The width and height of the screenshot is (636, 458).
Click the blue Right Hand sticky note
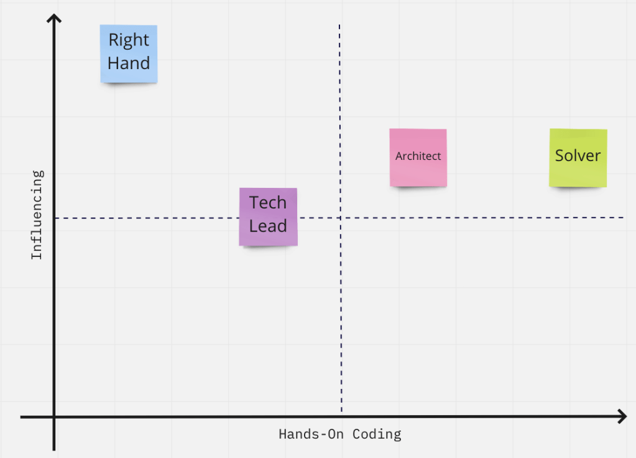[x=129, y=54]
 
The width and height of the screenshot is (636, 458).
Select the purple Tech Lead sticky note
[x=268, y=216]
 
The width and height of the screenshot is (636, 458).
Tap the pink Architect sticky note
[x=418, y=157]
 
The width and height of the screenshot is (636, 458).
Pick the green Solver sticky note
[x=578, y=157]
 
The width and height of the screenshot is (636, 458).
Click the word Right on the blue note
[x=129, y=40]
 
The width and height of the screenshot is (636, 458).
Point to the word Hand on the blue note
[x=129, y=63]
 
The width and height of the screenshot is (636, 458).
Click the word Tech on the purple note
[x=268, y=203]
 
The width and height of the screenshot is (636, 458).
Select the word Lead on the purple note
[x=268, y=226]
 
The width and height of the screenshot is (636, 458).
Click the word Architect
[x=418, y=156]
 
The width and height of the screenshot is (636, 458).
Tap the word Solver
[x=578, y=156]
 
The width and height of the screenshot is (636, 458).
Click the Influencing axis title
[x=37, y=214]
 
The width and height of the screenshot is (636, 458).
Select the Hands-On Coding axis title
[x=339, y=434]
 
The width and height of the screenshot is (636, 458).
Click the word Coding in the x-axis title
[x=377, y=434]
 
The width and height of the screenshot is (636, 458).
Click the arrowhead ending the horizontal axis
[x=622, y=417]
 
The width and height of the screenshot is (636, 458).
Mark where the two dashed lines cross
[x=340, y=218]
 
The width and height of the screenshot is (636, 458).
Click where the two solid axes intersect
[x=55, y=417]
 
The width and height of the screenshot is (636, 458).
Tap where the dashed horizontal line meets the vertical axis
[x=55, y=218]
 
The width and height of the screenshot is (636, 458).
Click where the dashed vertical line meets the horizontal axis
[x=341, y=417]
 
